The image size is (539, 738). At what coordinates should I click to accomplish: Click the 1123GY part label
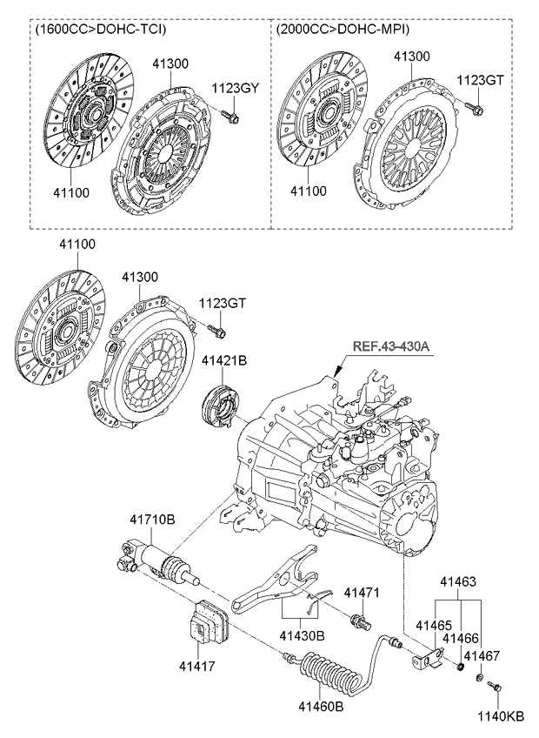point(235,87)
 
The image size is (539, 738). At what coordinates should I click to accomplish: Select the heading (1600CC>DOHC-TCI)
point(101,30)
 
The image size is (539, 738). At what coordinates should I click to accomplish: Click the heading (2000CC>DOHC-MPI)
point(343,30)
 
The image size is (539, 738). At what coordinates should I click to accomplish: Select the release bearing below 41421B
point(218,406)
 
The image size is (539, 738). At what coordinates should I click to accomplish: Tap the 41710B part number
point(152,520)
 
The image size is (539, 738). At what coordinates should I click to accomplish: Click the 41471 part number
point(363,593)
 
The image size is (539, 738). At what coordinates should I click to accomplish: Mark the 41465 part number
point(432,625)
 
